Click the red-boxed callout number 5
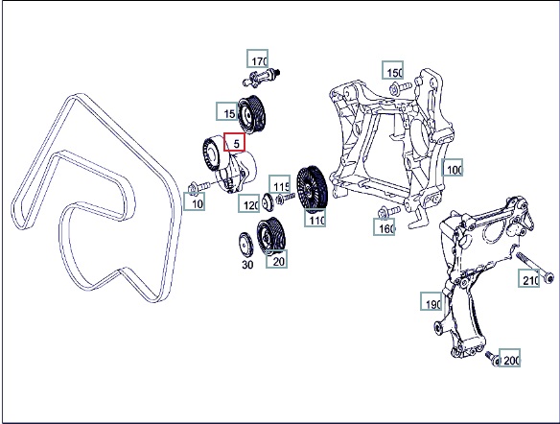tap(234, 142)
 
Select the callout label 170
tap(258, 59)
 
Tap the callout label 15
tap(227, 111)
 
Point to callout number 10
tap(195, 201)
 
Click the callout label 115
tap(279, 184)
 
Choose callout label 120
tap(249, 203)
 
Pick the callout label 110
tap(315, 218)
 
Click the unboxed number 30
tap(247, 265)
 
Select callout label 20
tap(277, 259)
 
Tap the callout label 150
tap(393, 70)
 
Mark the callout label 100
tap(453, 168)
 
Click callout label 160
tap(385, 226)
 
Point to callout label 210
tap(529, 278)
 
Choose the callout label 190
tap(432, 301)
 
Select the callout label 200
tap(509, 358)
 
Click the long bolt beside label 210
tap(535, 269)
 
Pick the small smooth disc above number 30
tap(245, 245)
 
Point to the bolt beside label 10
tap(199, 187)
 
